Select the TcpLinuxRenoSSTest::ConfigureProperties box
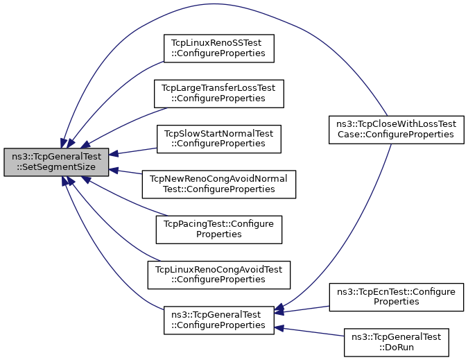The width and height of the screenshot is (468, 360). (218, 48)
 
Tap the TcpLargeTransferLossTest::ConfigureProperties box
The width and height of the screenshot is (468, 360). (219, 93)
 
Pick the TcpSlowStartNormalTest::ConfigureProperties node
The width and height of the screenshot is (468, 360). (218, 138)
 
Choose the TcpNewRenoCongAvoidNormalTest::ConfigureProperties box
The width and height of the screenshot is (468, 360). (218, 183)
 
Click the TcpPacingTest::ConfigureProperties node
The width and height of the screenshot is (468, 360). (218, 228)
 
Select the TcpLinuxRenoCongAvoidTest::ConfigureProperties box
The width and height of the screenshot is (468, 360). (218, 273)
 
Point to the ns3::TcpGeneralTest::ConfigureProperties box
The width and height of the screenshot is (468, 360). (218, 318)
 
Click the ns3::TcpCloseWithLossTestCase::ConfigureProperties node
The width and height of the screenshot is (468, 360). (395, 128)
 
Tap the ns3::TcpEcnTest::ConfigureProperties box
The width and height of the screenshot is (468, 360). (395, 296)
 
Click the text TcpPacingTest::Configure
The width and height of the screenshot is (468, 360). (219, 223)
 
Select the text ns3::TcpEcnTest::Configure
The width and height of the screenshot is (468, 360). (395, 291)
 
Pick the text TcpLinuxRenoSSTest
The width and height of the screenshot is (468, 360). (218, 42)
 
